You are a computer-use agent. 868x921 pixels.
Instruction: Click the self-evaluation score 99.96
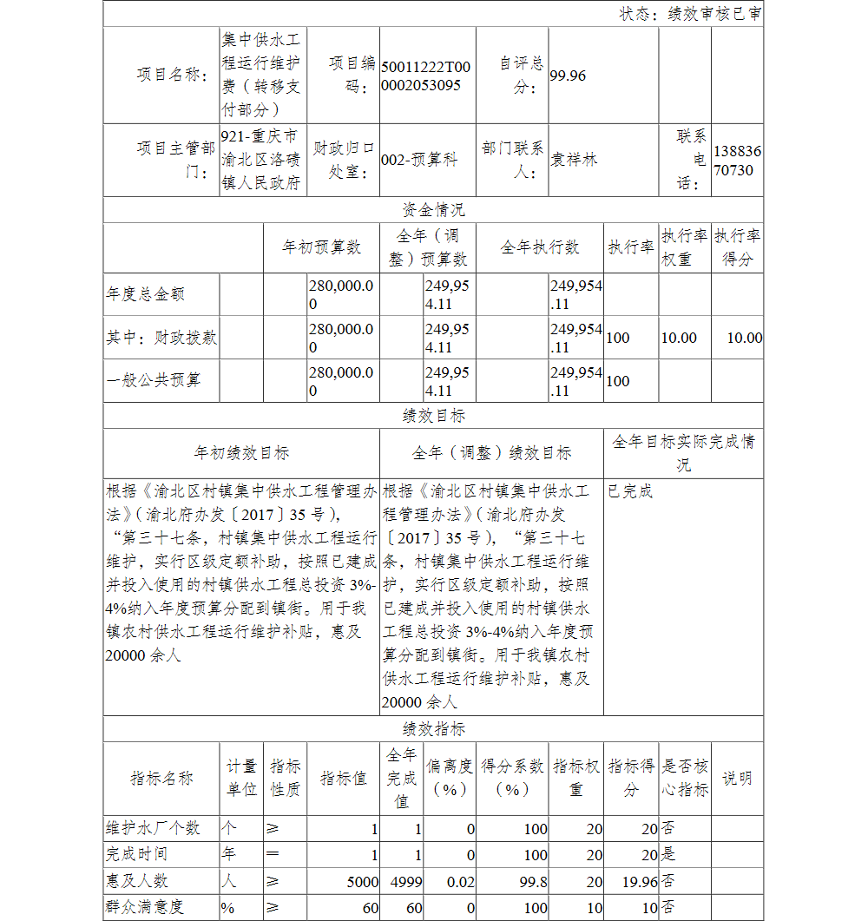point(568,76)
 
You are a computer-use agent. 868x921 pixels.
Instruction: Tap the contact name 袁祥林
point(575,160)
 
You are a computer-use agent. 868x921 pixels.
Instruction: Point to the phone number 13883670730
point(738,161)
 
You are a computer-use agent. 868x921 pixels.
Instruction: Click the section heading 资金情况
point(433,210)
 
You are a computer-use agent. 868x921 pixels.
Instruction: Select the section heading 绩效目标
point(433,416)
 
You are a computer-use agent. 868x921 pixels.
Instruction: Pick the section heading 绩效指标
point(433,729)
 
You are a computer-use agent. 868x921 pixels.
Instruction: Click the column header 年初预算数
point(321,247)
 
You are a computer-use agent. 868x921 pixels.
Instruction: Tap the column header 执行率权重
point(684,247)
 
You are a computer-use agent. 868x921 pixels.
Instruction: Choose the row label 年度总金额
point(145,294)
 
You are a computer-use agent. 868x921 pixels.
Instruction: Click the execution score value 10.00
point(744,338)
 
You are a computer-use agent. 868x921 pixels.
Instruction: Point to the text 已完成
point(630,491)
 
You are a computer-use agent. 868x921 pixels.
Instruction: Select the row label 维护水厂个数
point(153,828)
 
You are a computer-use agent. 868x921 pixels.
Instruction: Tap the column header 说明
point(737,779)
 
